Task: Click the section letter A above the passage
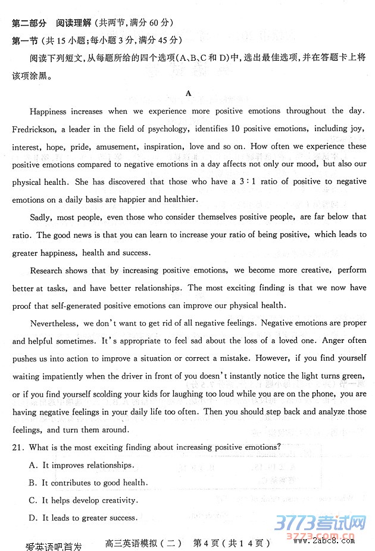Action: click(189, 93)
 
